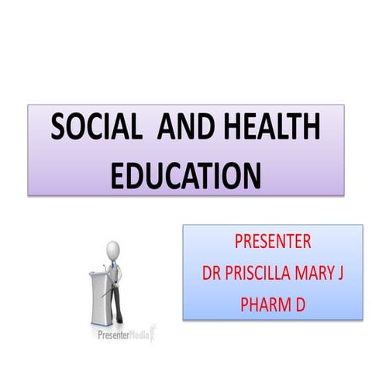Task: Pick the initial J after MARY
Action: point(346,272)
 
